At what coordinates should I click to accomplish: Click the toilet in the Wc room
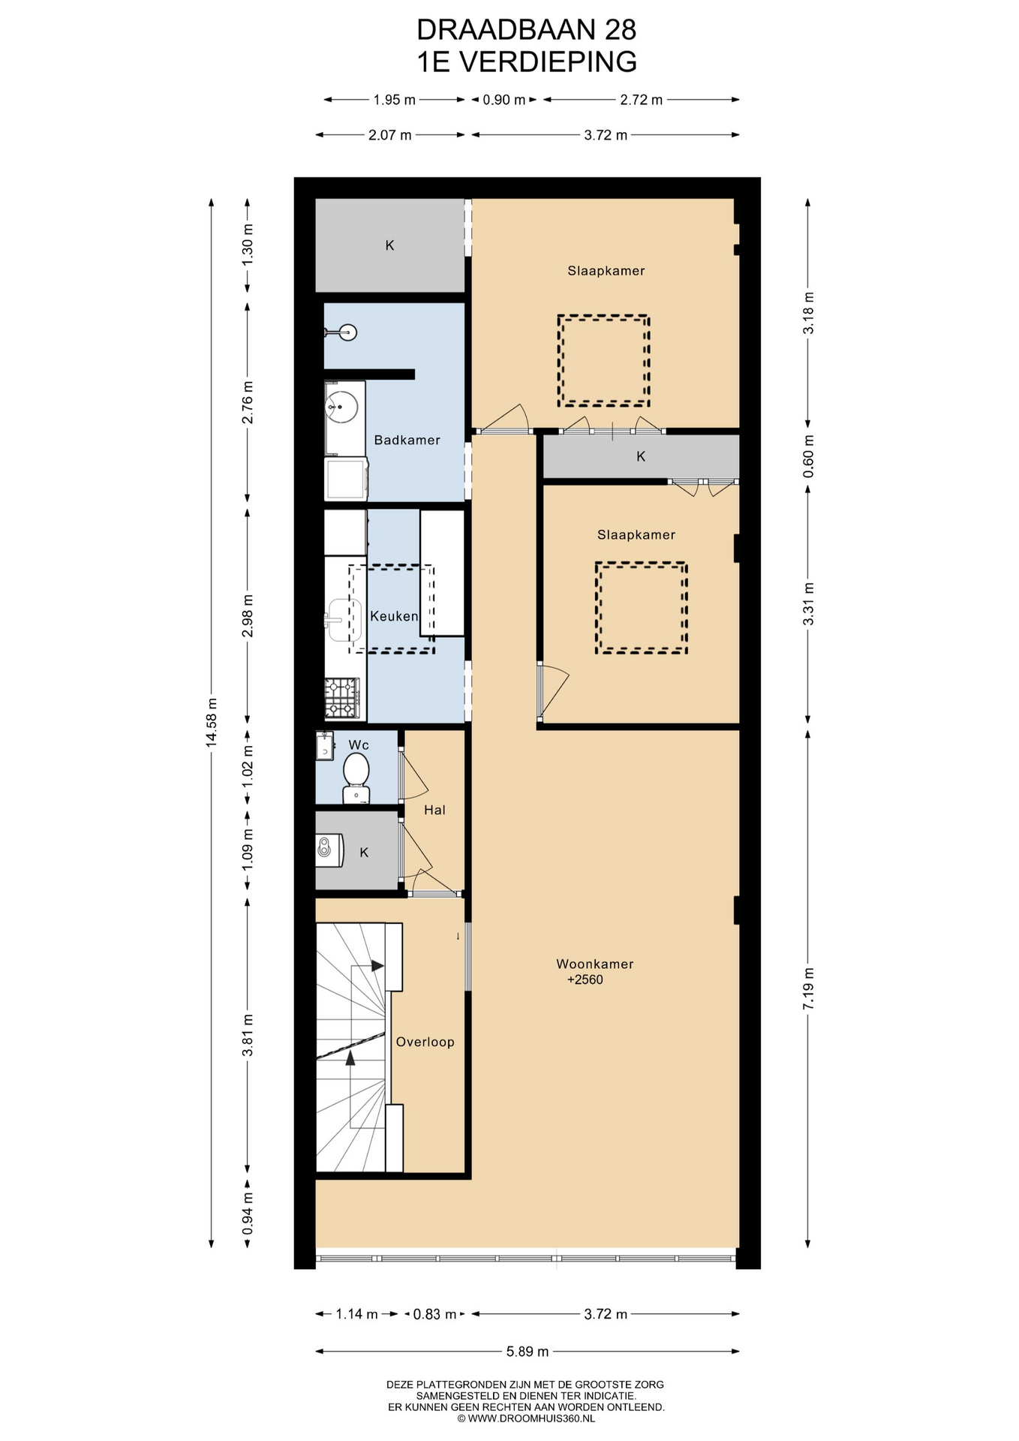[x=356, y=778]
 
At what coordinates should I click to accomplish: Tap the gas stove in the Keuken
[x=342, y=698]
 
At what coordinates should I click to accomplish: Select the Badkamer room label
[x=407, y=441]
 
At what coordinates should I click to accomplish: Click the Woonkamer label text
[x=595, y=964]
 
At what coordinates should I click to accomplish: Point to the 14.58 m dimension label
[x=212, y=721]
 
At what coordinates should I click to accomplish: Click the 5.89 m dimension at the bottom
[x=528, y=1352]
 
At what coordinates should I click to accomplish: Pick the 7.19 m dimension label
[x=808, y=988]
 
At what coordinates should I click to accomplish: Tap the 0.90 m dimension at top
[x=504, y=100]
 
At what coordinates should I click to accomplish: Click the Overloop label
[x=425, y=1042]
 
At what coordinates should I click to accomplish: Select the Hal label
[x=434, y=810]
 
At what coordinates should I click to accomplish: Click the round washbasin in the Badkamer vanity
[x=339, y=407]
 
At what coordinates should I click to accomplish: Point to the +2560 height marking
[x=585, y=979]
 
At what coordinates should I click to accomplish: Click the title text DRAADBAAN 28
[x=527, y=30]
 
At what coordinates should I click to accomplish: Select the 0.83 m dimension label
[x=435, y=1314]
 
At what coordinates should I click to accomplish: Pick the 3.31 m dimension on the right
[x=808, y=604]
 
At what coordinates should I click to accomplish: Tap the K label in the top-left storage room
[x=389, y=245]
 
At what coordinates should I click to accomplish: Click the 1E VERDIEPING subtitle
[x=527, y=62]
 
